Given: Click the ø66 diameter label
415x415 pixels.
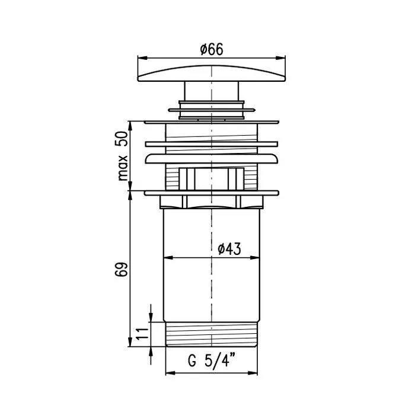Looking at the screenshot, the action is click(212, 49).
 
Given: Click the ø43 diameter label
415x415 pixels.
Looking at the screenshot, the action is click(229, 249).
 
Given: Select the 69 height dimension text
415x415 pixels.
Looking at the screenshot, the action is click(122, 269).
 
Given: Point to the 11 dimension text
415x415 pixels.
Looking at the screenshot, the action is click(142, 334).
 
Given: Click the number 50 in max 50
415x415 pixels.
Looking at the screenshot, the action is click(122, 139).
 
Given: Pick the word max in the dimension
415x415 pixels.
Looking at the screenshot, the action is click(123, 168).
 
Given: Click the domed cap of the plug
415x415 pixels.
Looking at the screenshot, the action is click(212, 74).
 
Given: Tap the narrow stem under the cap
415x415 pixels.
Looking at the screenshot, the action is click(212, 91).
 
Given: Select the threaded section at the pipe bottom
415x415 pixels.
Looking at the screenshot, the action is click(212, 334).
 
